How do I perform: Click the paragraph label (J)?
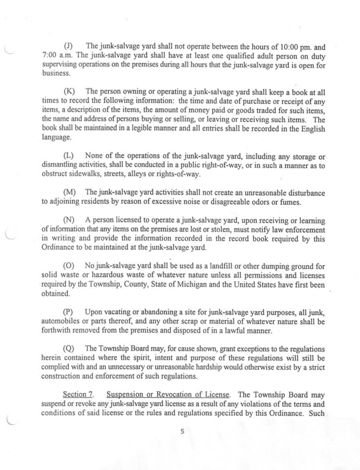68,47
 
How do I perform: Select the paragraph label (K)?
68,91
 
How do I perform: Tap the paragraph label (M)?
69,193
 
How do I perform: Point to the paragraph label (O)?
69,266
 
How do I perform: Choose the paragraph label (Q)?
69,348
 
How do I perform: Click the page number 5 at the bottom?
182,431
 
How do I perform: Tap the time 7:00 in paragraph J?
50,56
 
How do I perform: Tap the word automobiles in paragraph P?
61,321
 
